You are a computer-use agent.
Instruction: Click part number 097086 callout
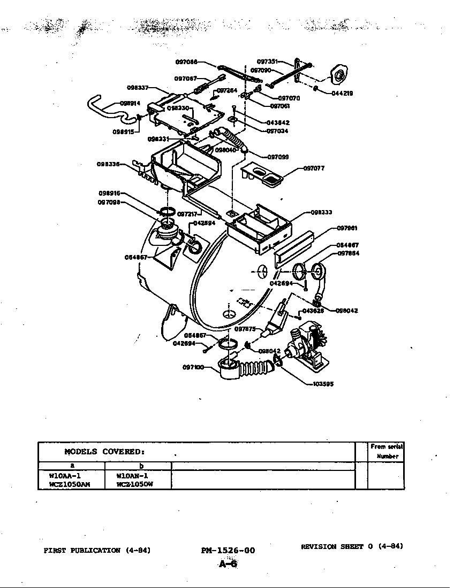point(186,62)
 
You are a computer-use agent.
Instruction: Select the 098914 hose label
point(130,103)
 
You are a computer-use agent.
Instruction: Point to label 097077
point(314,168)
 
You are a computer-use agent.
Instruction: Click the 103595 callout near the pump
point(323,384)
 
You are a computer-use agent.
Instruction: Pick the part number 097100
point(193,367)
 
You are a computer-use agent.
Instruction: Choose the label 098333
point(321,212)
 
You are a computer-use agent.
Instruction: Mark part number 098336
point(108,164)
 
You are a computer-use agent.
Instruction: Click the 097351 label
point(268,62)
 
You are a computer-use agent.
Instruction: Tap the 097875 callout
point(245,329)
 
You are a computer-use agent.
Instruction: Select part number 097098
point(109,202)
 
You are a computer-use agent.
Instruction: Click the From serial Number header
point(387,451)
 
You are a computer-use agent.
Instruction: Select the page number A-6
point(228,563)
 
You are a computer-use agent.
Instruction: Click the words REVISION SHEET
point(332,546)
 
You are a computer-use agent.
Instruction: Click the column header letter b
point(141,466)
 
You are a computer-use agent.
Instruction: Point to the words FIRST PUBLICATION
point(82,550)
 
